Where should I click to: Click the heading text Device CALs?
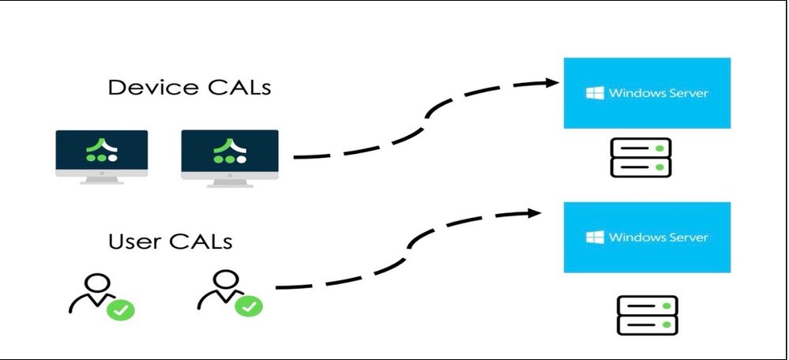(189, 87)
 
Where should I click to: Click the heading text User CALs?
(170, 240)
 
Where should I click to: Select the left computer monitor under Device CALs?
(102, 154)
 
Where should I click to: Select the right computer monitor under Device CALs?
(230, 154)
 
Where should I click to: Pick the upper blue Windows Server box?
(647, 93)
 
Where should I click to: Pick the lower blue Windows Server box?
(647, 238)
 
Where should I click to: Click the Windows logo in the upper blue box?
(595, 93)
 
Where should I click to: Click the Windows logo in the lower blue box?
(595, 238)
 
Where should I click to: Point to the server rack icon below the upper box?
(641, 157)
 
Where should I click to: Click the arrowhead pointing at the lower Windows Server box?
(531, 212)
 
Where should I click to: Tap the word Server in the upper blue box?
(686, 93)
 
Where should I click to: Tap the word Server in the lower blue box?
(686, 238)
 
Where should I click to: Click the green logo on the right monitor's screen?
(230, 151)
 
